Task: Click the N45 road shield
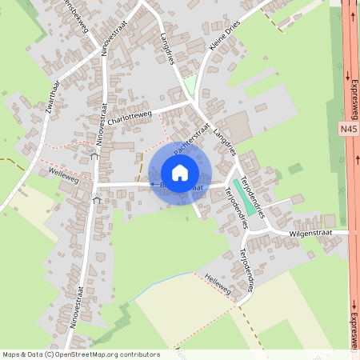[347, 127]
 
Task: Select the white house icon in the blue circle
[180, 173]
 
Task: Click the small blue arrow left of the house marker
[153, 184]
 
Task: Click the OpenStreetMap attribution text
[80, 354]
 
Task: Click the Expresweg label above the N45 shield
[352, 97]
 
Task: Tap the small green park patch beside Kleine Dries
[190, 83]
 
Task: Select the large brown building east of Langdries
[237, 126]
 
